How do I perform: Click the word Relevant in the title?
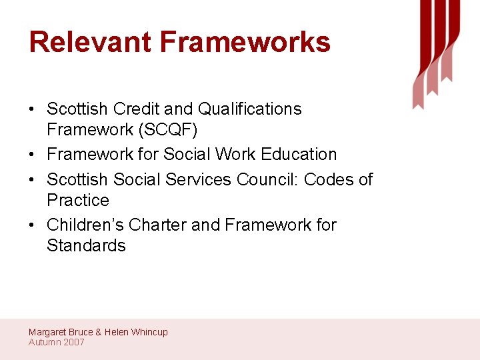tap(89, 42)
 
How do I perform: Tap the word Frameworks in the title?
tap(245, 42)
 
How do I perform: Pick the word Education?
tap(299, 154)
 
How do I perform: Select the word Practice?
tap(78, 200)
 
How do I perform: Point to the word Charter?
tap(157, 225)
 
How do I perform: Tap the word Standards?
tap(86, 245)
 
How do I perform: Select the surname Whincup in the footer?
tap(149, 332)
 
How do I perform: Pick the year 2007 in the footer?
tap(74, 342)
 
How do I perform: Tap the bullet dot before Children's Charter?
tap(33, 225)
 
